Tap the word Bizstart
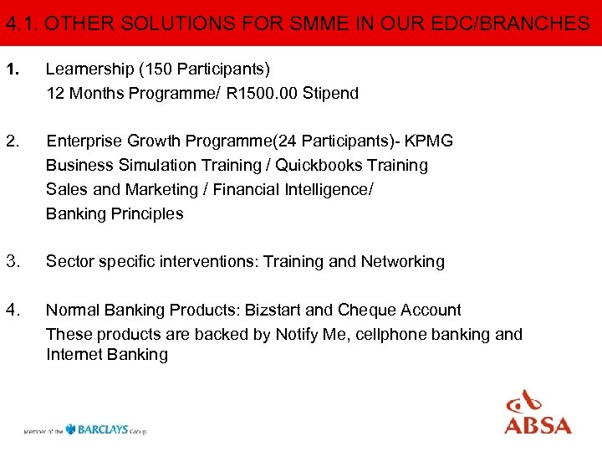(x=275, y=311)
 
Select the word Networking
(x=403, y=262)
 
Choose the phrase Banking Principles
(x=115, y=213)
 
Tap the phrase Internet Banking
(x=107, y=355)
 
